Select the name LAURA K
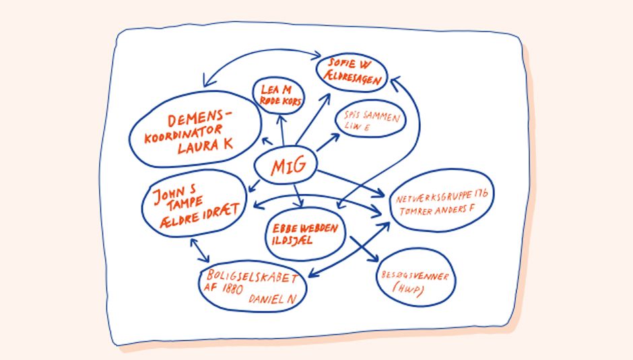(x=205, y=147)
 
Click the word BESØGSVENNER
(x=415, y=277)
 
